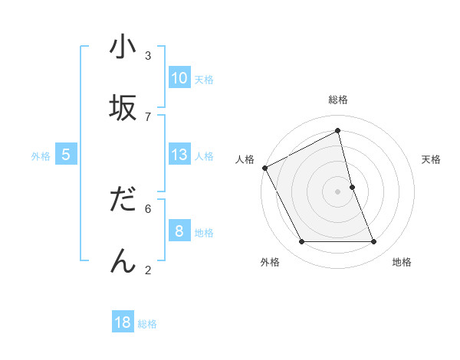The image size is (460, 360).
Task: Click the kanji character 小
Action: (122, 47)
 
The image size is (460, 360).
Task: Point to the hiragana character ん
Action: (122, 260)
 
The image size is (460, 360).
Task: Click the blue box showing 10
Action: (179, 78)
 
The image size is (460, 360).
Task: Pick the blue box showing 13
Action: (179, 155)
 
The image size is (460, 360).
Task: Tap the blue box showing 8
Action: (179, 231)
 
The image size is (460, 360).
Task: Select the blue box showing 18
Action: (123, 322)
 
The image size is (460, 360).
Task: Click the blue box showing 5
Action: (66, 155)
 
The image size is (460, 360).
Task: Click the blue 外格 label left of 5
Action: (41, 156)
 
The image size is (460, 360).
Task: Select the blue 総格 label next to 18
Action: (147, 324)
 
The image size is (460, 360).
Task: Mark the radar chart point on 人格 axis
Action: (264, 168)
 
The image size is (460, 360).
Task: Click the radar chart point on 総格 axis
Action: (338, 131)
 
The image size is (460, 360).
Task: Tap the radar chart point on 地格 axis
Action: (374, 242)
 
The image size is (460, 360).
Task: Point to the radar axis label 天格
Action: (432, 159)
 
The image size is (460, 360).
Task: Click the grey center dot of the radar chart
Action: (338, 191)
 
